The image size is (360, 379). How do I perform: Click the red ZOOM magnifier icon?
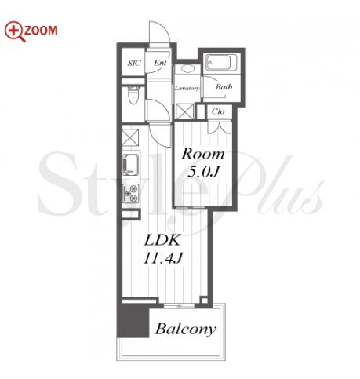(x=15, y=31)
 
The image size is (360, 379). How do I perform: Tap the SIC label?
(x=134, y=63)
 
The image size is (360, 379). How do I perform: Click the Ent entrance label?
(x=160, y=63)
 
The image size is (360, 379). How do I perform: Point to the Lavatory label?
(x=187, y=88)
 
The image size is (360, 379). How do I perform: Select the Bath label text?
(x=224, y=86)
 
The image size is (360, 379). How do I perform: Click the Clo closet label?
(x=218, y=111)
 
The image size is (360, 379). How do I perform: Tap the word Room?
(x=203, y=154)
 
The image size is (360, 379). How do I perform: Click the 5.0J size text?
(x=203, y=172)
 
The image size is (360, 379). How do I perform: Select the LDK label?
(x=162, y=240)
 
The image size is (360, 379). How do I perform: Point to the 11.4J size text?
(x=163, y=257)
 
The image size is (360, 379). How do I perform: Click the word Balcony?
(x=186, y=330)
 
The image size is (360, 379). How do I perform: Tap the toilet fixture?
(x=133, y=96)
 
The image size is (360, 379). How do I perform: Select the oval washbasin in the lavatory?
(x=187, y=68)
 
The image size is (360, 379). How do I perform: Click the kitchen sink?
(x=131, y=164)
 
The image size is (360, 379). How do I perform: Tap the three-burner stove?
(x=131, y=194)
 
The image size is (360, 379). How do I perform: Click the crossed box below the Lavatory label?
(x=184, y=111)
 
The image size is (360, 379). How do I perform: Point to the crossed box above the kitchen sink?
(x=131, y=137)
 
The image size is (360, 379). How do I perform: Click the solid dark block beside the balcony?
(x=133, y=321)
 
